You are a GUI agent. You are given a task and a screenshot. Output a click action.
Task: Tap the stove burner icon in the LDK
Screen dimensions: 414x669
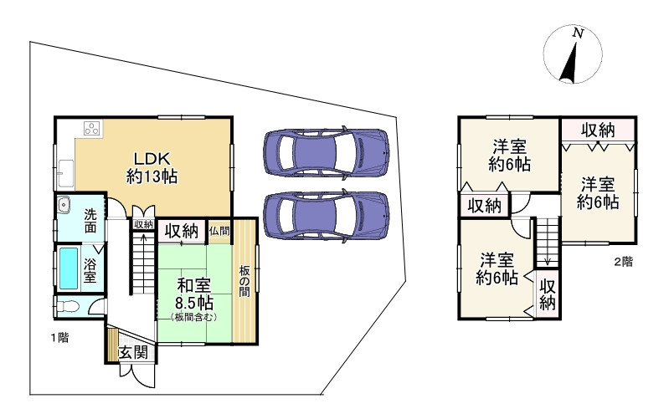91,129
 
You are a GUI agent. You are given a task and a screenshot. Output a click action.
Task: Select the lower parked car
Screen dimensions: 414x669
325,216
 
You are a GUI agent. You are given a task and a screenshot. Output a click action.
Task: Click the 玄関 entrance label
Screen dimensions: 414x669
132,352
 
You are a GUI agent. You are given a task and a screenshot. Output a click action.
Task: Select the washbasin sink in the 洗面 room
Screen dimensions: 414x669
65,204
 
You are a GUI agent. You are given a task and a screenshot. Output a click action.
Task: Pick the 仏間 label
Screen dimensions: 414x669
219,231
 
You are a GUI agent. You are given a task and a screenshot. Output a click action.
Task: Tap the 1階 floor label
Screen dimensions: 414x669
58,338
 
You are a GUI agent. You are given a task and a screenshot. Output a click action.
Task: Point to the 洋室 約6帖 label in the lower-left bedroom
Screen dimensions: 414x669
497,268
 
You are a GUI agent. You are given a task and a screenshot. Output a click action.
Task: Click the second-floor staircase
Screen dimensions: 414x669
547,238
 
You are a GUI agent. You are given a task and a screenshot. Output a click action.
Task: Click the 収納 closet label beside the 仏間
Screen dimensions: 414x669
181,231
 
